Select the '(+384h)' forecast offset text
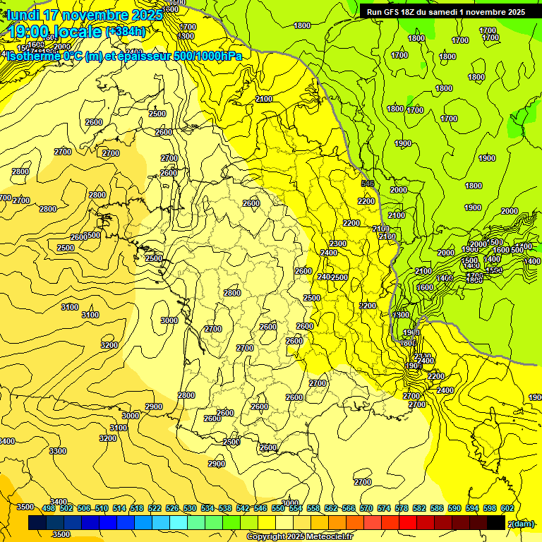coord(126,31)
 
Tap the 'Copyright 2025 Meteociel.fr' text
coord(299,537)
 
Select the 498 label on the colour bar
coord(49,508)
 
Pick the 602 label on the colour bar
coord(507,508)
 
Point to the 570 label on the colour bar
coord(366,508)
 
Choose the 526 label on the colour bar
coord(172,508)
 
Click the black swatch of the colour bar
coord(496,522)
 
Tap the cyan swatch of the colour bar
coord(179,522)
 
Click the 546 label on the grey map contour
coord(367,183)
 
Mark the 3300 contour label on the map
coord(58,451)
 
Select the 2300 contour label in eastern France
coord(338,243)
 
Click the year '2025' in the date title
coord(147,14)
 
